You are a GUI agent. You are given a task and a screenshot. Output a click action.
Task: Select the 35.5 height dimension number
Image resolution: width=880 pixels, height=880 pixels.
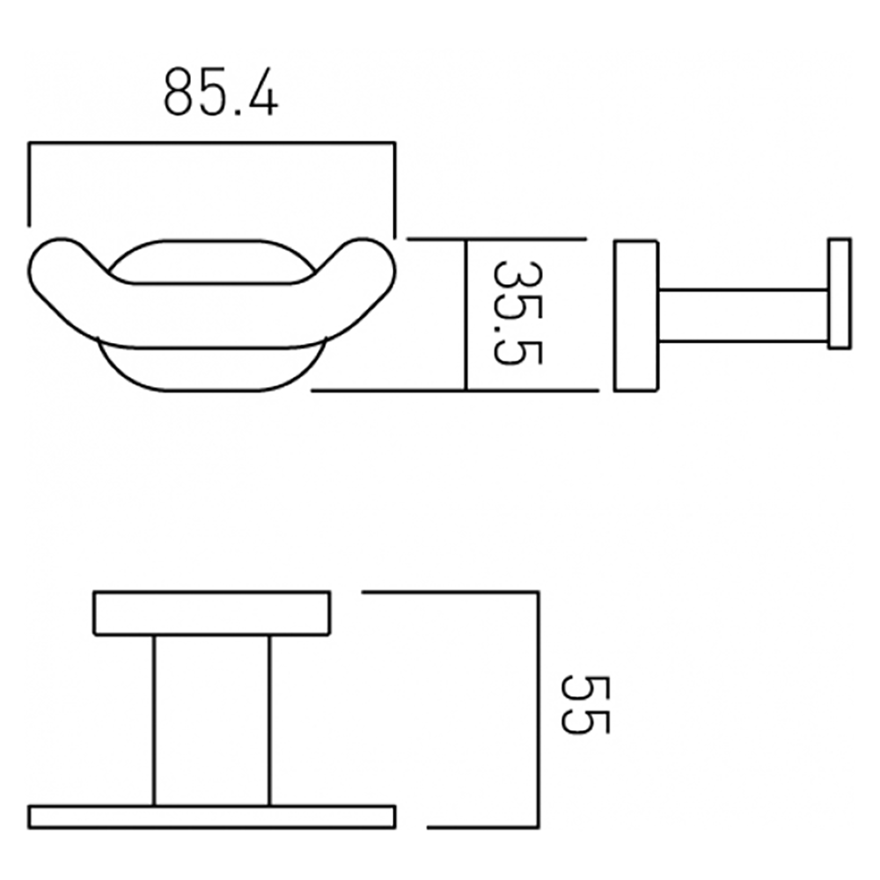click(517, 312)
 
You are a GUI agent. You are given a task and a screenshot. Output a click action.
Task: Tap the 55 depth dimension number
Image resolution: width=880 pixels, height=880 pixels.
click(584, 705)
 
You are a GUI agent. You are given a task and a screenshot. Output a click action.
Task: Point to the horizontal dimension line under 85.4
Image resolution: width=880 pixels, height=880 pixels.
click(211, 143)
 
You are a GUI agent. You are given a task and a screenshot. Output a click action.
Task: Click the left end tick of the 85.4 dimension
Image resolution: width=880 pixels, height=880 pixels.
click(30, 185)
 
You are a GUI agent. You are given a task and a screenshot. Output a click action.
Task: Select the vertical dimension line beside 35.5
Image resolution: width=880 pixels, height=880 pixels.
click(465, 313)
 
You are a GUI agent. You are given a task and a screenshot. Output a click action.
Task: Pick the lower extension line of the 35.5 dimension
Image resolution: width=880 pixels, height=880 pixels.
click(387, 390)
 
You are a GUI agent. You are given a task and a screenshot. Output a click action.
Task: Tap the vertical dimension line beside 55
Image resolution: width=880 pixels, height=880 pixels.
click(535, 709)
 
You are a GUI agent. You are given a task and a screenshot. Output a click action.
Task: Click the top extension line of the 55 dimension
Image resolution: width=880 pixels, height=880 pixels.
click(449, 592)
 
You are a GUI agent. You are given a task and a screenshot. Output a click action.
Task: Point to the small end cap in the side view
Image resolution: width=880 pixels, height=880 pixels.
click(839, 293)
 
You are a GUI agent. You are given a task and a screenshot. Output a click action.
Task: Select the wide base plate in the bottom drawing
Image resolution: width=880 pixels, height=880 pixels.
click(211, 816)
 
